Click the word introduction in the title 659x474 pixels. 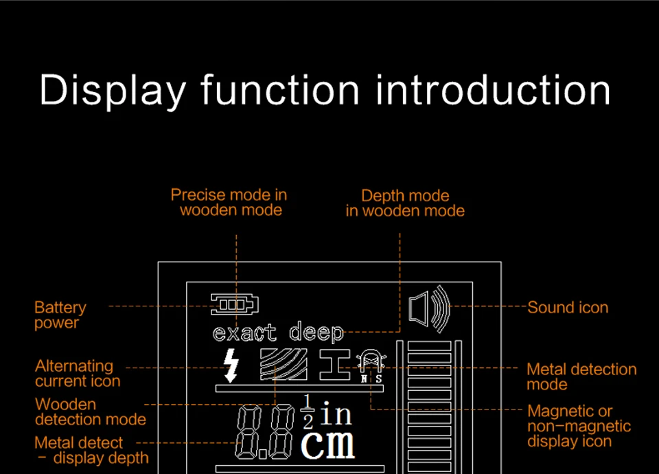[493, 90]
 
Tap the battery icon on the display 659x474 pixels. [235, 303]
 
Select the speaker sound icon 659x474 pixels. [429, 307]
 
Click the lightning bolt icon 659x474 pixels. [231, 365]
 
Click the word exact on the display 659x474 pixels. [244, 333]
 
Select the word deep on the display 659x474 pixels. [316, 333]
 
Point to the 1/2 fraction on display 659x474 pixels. [308, 412]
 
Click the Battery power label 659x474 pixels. [60, 315]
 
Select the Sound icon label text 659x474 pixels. [568, 308]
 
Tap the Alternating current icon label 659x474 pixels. [77, 374]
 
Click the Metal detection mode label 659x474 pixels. [581, 376]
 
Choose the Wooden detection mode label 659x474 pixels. [90, 411]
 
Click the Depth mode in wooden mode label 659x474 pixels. [405, 203]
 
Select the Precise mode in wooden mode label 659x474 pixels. [229, 202]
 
